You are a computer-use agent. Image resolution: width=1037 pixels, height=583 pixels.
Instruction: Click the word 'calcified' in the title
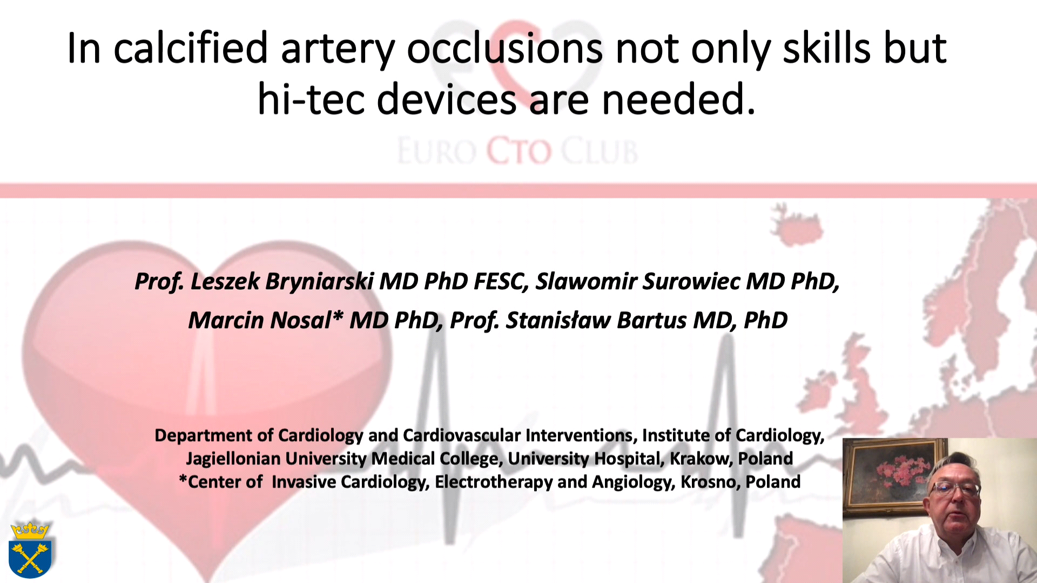click(x=191, y=49)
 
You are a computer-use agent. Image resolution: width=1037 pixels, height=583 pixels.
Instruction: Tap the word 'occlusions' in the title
click(x=504, y=49)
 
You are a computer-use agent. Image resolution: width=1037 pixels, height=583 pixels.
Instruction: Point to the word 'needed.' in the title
click(x=678, y=100)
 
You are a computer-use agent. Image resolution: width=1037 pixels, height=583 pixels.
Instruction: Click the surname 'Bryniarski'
click(x=319, y=282)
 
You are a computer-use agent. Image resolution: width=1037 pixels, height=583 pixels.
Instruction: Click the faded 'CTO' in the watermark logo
click(x=519, y=151)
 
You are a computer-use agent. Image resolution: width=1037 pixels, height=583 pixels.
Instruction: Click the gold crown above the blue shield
click(x=30, y=530)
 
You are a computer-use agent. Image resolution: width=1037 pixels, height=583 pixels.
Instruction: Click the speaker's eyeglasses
click(x=954, y=489)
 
